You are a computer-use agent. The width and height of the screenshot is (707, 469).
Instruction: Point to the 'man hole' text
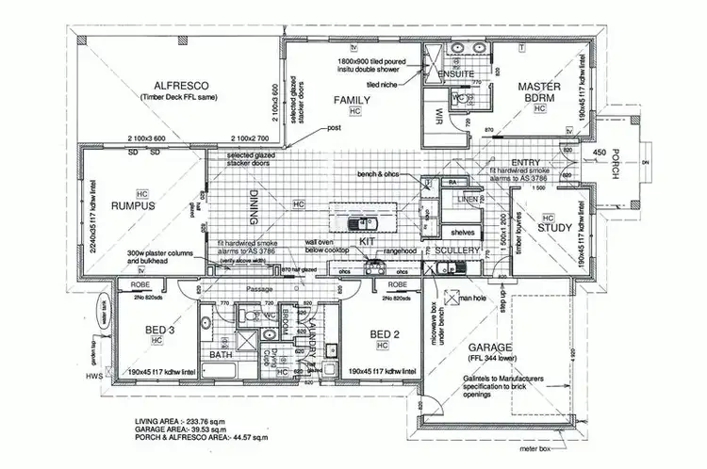[x=471, y=299]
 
